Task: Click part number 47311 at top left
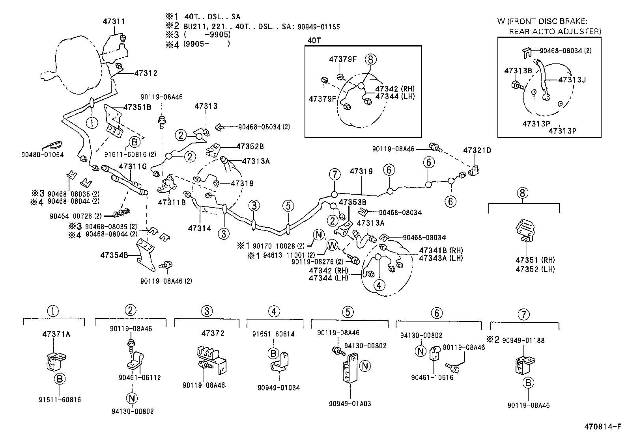click(114, 22)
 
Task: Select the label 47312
click(146, 73)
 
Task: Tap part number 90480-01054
click(43, 155)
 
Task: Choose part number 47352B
click(250, 147)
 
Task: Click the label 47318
click(242, 183)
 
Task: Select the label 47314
click(200, 228)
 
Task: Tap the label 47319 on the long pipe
click(361, 171)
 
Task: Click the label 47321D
click(477, 151)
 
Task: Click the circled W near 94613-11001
click(333, 245)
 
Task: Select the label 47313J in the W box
click(572, 80)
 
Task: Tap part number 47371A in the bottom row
click(56, 334)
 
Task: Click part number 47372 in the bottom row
click(213, 333)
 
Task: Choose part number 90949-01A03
click(350, 404)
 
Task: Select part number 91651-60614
click(274, 334)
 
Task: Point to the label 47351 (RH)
click(535, 260)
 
